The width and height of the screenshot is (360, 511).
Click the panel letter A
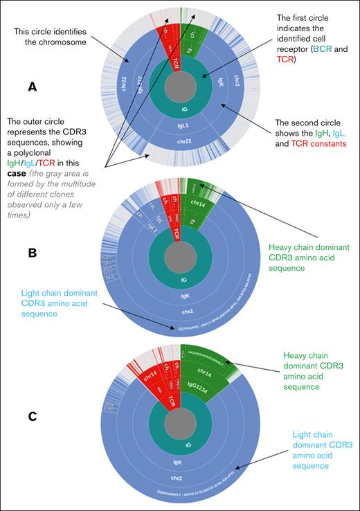[32, 88]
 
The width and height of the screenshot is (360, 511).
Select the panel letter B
[31, 253]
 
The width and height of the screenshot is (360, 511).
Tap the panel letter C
[31, 417]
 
